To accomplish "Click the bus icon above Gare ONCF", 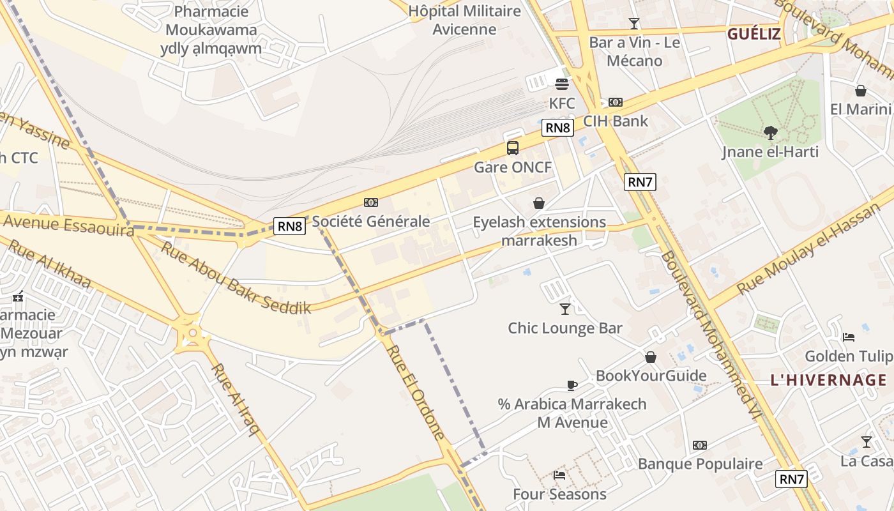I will point(512,148).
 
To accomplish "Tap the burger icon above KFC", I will point(562,84).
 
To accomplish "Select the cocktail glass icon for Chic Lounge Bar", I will point(565,309).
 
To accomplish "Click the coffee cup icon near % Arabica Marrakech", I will point(572,385).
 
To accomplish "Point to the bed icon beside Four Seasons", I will point(559,475).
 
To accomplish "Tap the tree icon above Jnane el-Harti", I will point(771,133).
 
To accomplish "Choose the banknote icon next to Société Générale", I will point(370,202).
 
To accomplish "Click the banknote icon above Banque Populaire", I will point(700,445).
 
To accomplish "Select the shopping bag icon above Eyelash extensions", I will point(539,203).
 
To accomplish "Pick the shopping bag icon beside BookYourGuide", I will point(651,357).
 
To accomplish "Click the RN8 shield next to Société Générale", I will point(290,225).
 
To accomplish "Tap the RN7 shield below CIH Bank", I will point(640,182).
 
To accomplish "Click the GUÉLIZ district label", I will point(754,34).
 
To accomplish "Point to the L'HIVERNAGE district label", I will point(828,381).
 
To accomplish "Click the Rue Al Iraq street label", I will point(236,399).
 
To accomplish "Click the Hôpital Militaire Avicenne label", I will point(464,20).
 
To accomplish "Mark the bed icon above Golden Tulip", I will point(849,337).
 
